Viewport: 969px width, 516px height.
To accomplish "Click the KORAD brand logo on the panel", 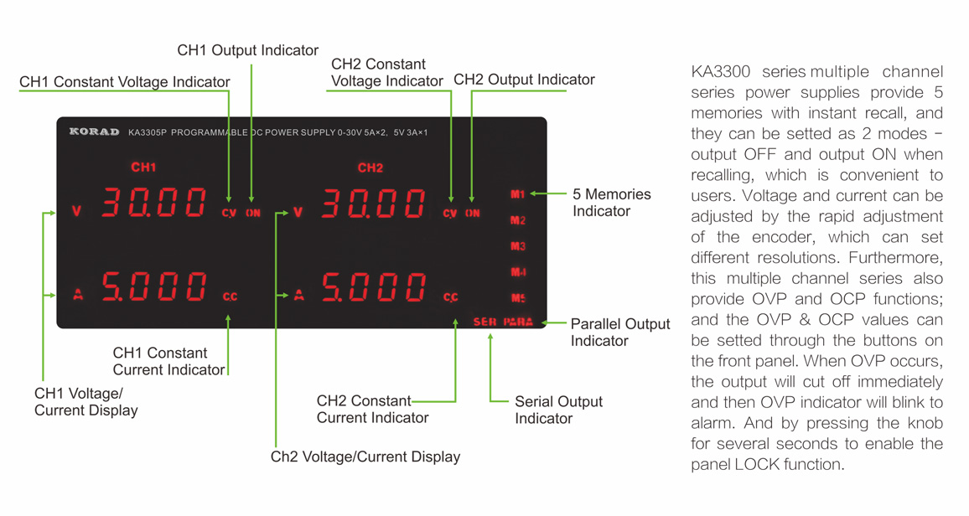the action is (x=94, y=132).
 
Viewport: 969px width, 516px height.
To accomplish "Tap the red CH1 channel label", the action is (x=143, y=168).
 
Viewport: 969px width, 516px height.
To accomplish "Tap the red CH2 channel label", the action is (x=370, y=168).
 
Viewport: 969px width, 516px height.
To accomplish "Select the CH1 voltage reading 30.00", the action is (x=154, y=203).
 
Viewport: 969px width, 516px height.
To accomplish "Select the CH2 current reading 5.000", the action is (x=374, y=287).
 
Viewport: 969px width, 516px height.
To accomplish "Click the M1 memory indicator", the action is (x=518, y=194).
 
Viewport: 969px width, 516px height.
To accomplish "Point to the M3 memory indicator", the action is (x=518, y=246).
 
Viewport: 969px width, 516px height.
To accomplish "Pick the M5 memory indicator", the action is (x=518, y=298).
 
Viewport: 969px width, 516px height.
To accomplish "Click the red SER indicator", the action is (x=485, y=322).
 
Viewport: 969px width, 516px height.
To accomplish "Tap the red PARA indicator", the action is (x=518, y=322).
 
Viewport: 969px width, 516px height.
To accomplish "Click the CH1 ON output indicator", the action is (x=253, y=213).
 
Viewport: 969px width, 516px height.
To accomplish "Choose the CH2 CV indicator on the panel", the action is (x=450, y=213).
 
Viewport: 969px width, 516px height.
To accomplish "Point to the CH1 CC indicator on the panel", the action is (x=230, y=297).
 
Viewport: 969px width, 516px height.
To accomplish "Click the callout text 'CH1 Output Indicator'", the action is (x=248, y=50).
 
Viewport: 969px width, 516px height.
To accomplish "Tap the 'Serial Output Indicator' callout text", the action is (x=558, y=410).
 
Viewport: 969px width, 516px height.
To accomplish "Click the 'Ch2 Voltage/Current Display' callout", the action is (x=365, y=457).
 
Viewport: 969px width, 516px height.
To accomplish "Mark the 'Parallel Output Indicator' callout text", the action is (x=620, y=332).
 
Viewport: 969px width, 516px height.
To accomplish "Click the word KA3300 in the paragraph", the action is (x=721, y=71).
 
